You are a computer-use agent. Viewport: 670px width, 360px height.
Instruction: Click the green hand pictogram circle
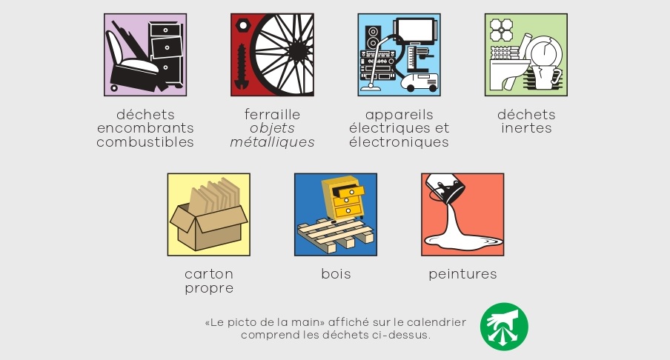tap(504, 327)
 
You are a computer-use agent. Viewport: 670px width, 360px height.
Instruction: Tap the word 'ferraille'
tap(272, 115)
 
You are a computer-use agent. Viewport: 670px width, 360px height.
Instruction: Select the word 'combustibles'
tap(145, 141)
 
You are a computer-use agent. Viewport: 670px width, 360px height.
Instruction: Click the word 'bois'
tap(336, 274)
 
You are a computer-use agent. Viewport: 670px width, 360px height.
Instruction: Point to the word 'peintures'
tap(462, 274)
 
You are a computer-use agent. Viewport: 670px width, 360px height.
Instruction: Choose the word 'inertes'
tap(526, 128)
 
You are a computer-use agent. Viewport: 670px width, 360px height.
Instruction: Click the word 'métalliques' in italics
tap(272, 141)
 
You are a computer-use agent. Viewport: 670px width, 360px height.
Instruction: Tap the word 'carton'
tap(209, 274)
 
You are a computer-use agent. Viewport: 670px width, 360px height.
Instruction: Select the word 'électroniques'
tap(399, 141)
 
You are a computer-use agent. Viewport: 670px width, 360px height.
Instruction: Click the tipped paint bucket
tap(445, 188)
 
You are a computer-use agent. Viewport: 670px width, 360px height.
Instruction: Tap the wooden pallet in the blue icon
tap(335, 233)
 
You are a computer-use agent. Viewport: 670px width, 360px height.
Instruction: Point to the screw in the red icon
tap(242, 66)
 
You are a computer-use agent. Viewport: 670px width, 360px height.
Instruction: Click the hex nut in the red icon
tap(242, 26)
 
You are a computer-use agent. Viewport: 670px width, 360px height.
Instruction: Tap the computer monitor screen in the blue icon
tap(415, 31)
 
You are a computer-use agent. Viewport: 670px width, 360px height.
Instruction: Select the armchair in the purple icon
tap(133, 62)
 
